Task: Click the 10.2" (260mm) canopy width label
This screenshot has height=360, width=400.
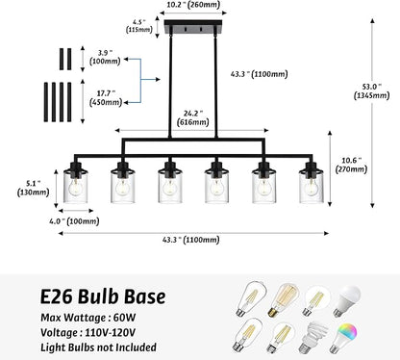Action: tap(193, 5)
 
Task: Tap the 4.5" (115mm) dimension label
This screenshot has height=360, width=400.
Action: tap(139, 26)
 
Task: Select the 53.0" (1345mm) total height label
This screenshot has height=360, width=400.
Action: tap(372, 91)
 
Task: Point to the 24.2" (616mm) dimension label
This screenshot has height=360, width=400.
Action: tap(193, 117)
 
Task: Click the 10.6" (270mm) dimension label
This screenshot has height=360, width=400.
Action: tap(351, 165)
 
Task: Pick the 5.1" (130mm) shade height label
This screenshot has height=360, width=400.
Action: tap(34, 188)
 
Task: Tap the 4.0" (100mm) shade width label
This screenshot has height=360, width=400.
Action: tap(74, 221)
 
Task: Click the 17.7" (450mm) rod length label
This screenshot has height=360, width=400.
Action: tap(106, 98)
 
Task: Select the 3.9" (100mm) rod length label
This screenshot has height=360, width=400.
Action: tap(105, 57)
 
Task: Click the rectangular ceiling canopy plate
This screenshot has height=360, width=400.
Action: tap(193, 27)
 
